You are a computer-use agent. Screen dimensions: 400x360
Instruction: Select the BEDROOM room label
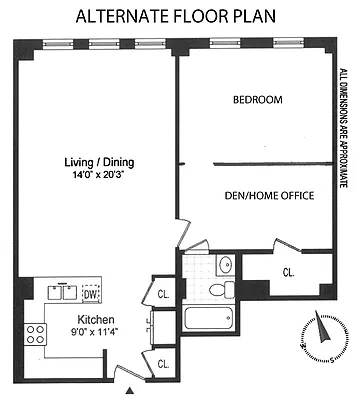(x=257, y=100)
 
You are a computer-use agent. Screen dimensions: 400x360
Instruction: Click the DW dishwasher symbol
(x=90, y=294)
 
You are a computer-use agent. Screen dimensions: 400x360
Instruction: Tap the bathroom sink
(x=225, y=266)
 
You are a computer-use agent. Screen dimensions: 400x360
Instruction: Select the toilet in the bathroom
(x=220, y=289)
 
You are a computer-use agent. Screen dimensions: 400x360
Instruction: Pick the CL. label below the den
(x=288, y=271)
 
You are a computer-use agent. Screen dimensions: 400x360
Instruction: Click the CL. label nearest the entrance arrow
(x=162, y=363)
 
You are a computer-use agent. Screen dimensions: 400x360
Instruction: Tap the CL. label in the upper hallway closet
(x=162, y=294)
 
